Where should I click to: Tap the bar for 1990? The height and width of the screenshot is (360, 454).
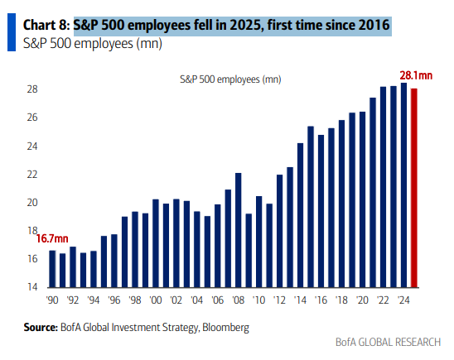(52, 268)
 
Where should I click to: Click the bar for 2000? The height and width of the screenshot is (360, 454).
(156, 243)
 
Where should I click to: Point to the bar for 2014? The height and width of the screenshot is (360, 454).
(301, 215)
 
